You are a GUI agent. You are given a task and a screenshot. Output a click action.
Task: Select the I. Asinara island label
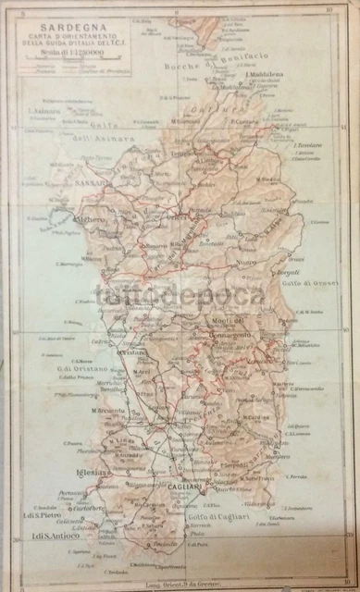click(43, 113)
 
